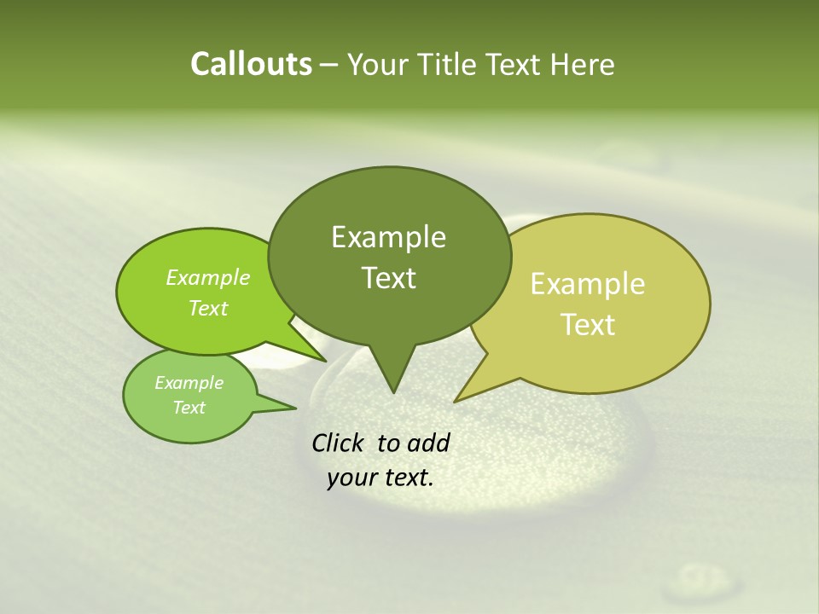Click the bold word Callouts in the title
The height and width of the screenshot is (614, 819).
pyautogui.click(x=251, y=64)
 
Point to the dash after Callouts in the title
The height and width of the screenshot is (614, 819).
pyautogui.click(x=329, y=66)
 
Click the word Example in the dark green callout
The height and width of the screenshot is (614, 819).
pyautogui.click(x=388, y=237)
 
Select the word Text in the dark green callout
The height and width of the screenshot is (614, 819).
pyautogui.click(x=388, y=278)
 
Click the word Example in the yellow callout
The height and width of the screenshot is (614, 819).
pyautogui.click(x=588, y=284)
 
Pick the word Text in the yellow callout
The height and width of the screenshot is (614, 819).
pyautogui.click(x=588, y=325)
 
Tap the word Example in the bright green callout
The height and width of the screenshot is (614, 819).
pyautogui.click(x=207, y=277)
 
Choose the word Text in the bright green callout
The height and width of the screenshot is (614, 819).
pyautogui.click(x=207, y=308)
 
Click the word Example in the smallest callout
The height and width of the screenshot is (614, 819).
pyautogui.click(x=189, y=383)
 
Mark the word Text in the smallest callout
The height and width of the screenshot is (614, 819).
pyautogui.click(x=189, y=408)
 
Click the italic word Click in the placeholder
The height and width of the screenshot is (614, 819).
pyautogui.click(x=339, y=443)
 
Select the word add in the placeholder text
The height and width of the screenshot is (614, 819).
pyautogui.click(x=427, y=443)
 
